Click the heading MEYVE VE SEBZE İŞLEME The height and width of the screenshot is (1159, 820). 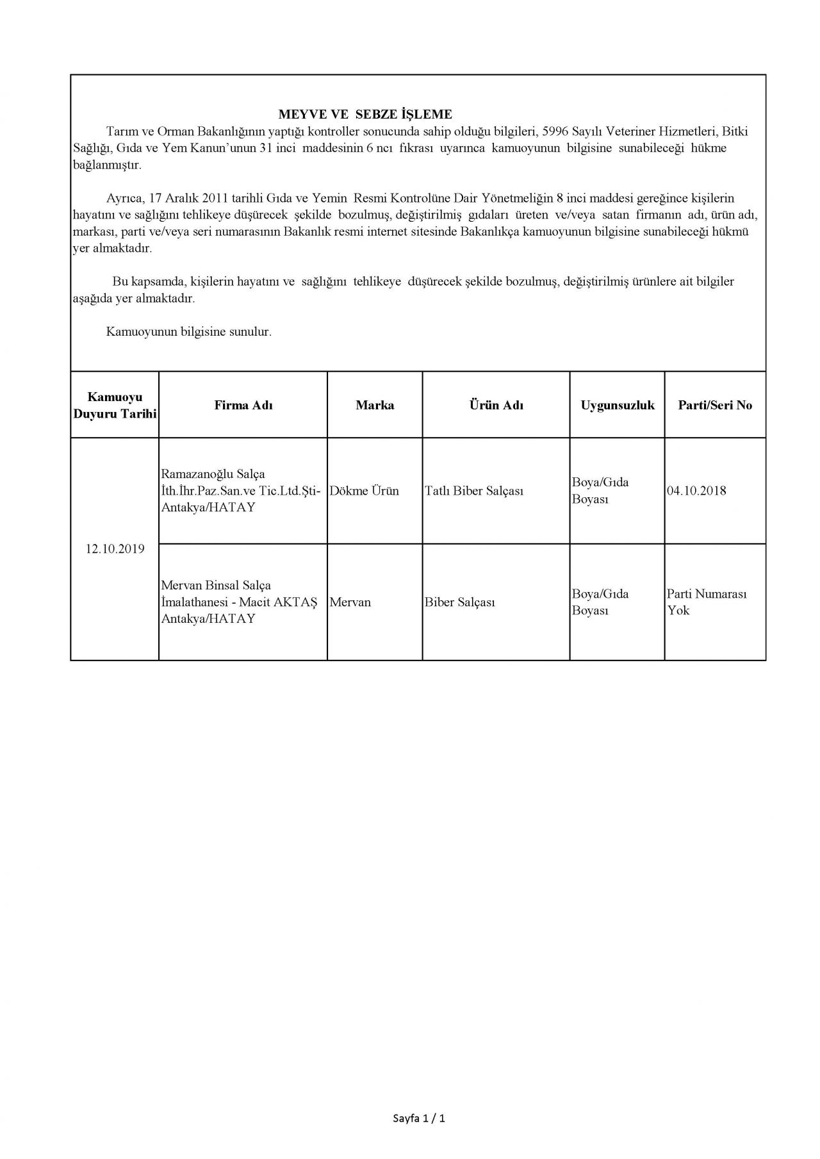(365, 115)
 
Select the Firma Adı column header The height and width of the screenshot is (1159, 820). (243, 406)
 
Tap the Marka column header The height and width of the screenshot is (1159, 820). (375, 406)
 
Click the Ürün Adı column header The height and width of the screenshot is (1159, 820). (496, 406)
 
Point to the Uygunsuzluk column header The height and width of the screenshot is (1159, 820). (618, 406)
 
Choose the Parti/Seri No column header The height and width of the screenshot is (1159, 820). (715, 406)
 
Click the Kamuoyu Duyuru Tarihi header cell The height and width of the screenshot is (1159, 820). (115, 406)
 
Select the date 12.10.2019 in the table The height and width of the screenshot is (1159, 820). (115, 549)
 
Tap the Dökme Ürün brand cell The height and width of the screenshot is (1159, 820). (364, 491)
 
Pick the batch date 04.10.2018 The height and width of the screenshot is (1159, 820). (696, 491)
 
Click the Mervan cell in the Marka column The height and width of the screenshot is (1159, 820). (350, 602)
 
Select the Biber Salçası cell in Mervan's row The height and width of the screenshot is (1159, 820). (459, 602)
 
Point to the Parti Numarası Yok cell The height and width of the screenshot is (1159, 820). (707, 602)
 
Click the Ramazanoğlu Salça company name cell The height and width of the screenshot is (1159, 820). (240, 491)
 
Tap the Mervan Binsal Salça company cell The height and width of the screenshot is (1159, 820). (239, 602)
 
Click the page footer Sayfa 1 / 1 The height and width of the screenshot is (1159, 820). (418, 1119)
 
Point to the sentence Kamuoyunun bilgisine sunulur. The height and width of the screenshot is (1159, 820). (189, 333)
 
